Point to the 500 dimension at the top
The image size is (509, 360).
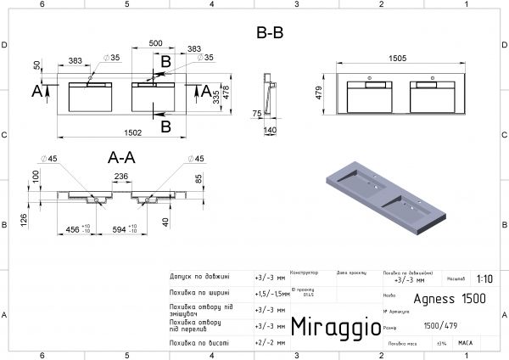(156, 43)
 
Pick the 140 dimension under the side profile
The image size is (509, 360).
(271, 131)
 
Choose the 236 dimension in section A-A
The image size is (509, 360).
(120, 176)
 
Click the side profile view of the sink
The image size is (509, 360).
(270, 93)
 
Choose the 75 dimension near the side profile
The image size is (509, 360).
(255, 112)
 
